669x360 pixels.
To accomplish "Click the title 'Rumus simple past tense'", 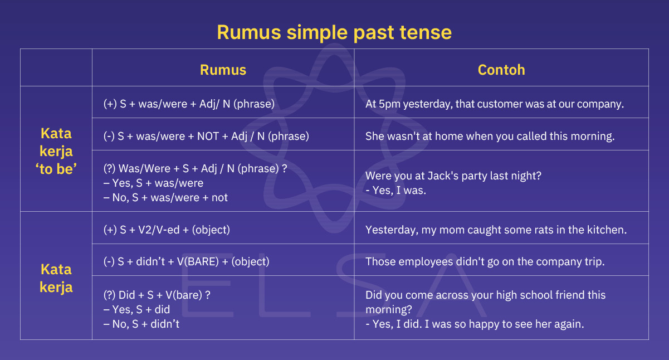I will pos(334,32).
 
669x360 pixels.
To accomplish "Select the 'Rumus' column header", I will pos(223,70).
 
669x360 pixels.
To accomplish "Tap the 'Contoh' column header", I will pos(501,70).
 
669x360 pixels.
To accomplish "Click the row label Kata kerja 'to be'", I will pos(56,150).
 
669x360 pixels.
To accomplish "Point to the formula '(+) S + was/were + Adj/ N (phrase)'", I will pos(189,104).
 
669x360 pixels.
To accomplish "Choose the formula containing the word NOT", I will pos(206,136).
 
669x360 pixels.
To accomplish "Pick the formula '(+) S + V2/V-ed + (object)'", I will pos(167,230).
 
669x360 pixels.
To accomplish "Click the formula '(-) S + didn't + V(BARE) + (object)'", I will pos(186,261).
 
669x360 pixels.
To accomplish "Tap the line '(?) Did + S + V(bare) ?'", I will pos(158,295).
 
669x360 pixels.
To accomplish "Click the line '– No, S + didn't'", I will pos(141,324).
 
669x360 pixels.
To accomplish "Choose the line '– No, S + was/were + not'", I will pos(165,197).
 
